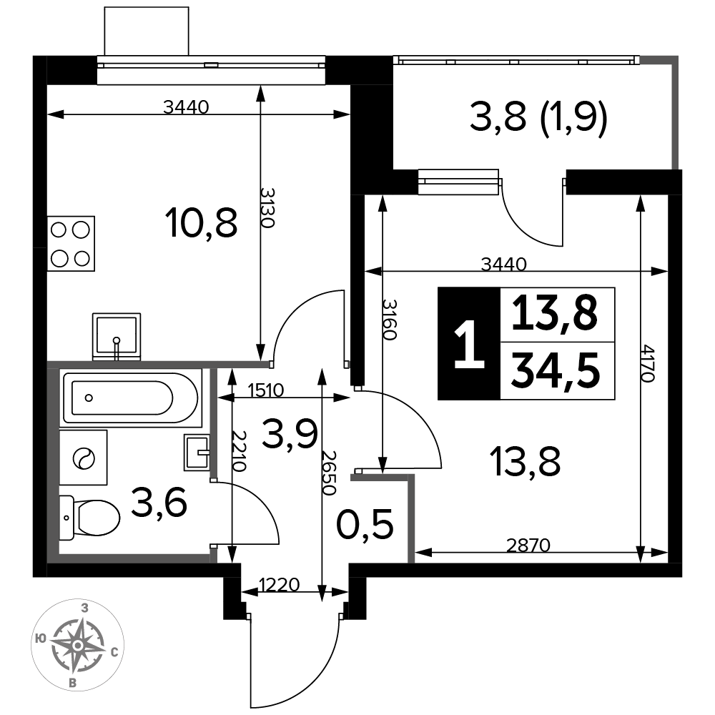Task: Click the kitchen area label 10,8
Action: [x=203, y=223]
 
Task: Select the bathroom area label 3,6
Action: [x=159, y=501]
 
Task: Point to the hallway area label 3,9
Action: [x=290, y=434]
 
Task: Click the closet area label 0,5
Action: [x=365, y=524]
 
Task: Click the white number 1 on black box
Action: [x=469, y=344]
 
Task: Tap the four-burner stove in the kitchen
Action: [x=71, y=244]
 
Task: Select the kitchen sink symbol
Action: [x=117, y=337]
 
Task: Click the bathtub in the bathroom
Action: [x=131, y=398]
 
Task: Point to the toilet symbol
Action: [x=89, y=518]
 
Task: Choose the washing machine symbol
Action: [x=84, y=458]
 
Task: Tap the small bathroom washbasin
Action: [x=197, y=453]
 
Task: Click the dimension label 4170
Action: [x=648, y=363]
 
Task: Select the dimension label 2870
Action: [x=528, y=545]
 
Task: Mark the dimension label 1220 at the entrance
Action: [x=279, y=584]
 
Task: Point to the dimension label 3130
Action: [x=267, y=207]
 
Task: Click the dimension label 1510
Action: [x=266, y=390]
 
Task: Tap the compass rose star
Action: [x=78, y=645]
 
